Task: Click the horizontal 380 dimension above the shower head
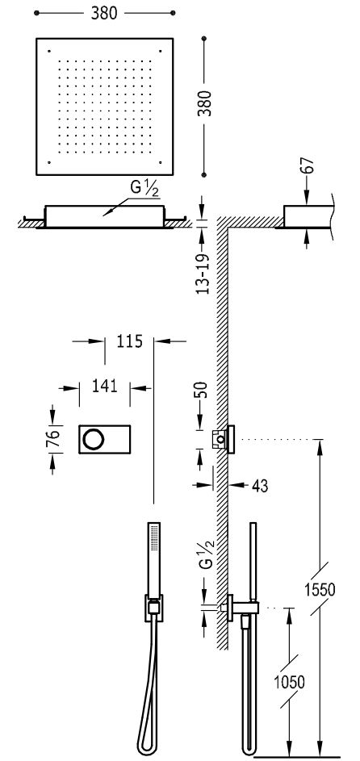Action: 104,13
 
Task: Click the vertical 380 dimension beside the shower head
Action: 207,102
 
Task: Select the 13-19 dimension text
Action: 204,274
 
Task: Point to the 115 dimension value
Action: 129,341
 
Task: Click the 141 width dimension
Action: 104,386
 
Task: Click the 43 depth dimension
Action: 260,485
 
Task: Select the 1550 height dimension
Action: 320,590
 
